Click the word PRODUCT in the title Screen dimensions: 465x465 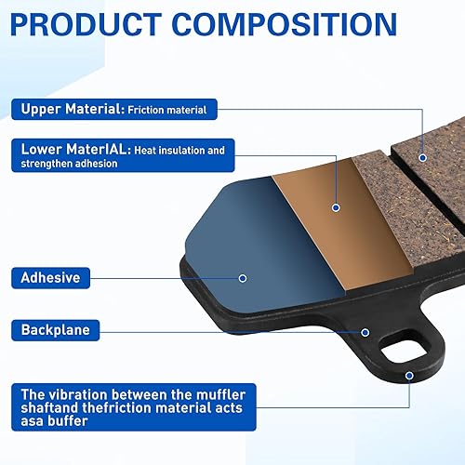click(86, 24)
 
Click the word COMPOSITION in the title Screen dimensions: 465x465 click(285, 24)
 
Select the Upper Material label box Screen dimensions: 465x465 click(114, 109)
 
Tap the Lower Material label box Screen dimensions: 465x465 click(123, 155)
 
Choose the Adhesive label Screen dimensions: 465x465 click(51, 278)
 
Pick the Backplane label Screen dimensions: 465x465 click(56, 330)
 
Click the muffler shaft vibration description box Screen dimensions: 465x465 click(134, 407)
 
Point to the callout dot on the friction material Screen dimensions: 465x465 click(422, 158)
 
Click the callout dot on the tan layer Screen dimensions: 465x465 click(336, 207)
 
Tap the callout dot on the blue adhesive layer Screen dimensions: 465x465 click(243, 278)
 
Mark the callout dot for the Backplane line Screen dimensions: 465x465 click(365, 333)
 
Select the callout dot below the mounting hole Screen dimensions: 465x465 click(409, 376)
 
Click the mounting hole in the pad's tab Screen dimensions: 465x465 click(404, 349)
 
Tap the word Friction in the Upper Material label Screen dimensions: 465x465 click(146, 110)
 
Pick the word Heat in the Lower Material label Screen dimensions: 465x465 click(145, 151)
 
